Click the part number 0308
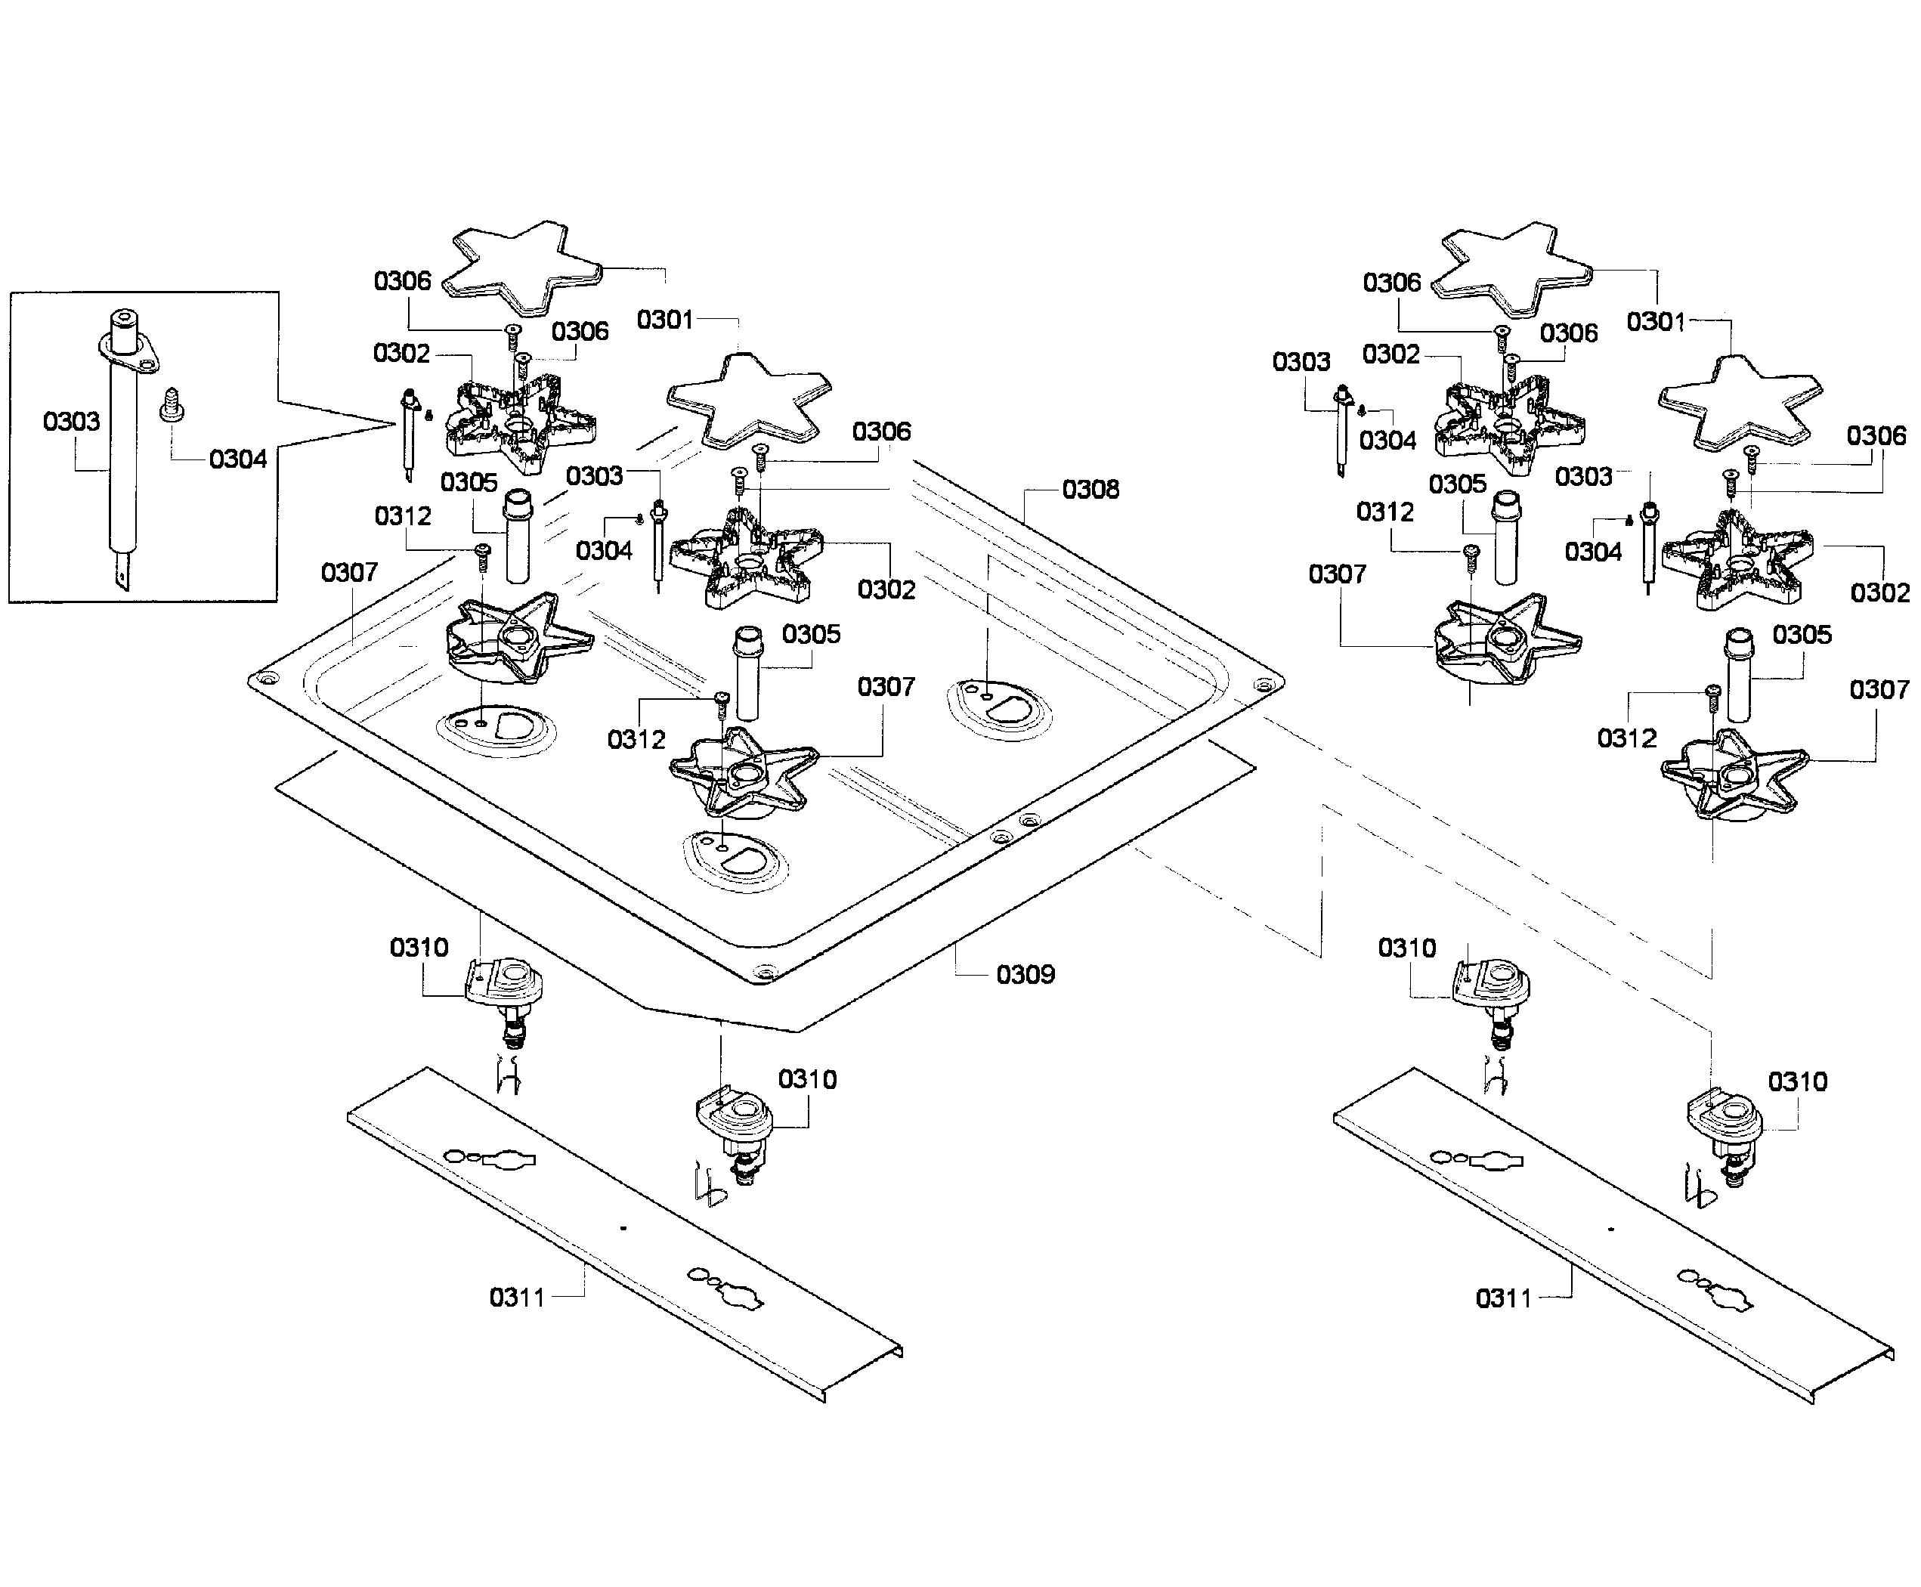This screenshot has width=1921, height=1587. pos(1090,490)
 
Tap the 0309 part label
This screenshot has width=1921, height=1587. pos(1025,975)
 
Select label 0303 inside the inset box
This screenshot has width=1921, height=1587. pos(71,422)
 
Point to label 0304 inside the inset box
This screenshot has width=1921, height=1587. pos(238,459)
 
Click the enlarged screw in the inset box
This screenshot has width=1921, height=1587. pos(171,404)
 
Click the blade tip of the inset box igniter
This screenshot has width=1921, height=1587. pos(122,578)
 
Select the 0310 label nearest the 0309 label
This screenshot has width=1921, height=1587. pos(807,1080)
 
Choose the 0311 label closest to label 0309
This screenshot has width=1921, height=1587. pos(518,1298)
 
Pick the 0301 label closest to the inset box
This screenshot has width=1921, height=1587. pos(665,320)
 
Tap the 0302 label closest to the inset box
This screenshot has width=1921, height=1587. pos(401,354)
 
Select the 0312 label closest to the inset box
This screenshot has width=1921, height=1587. pos(404,516)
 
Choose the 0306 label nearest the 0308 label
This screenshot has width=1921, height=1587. pos(881,432)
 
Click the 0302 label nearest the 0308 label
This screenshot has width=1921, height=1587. pos(886,589)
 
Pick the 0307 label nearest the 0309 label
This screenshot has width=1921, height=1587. pos(886,686)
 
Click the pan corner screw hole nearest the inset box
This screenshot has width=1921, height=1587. pos(267,680)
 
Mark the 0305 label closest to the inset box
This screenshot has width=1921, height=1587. pos(469,483)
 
